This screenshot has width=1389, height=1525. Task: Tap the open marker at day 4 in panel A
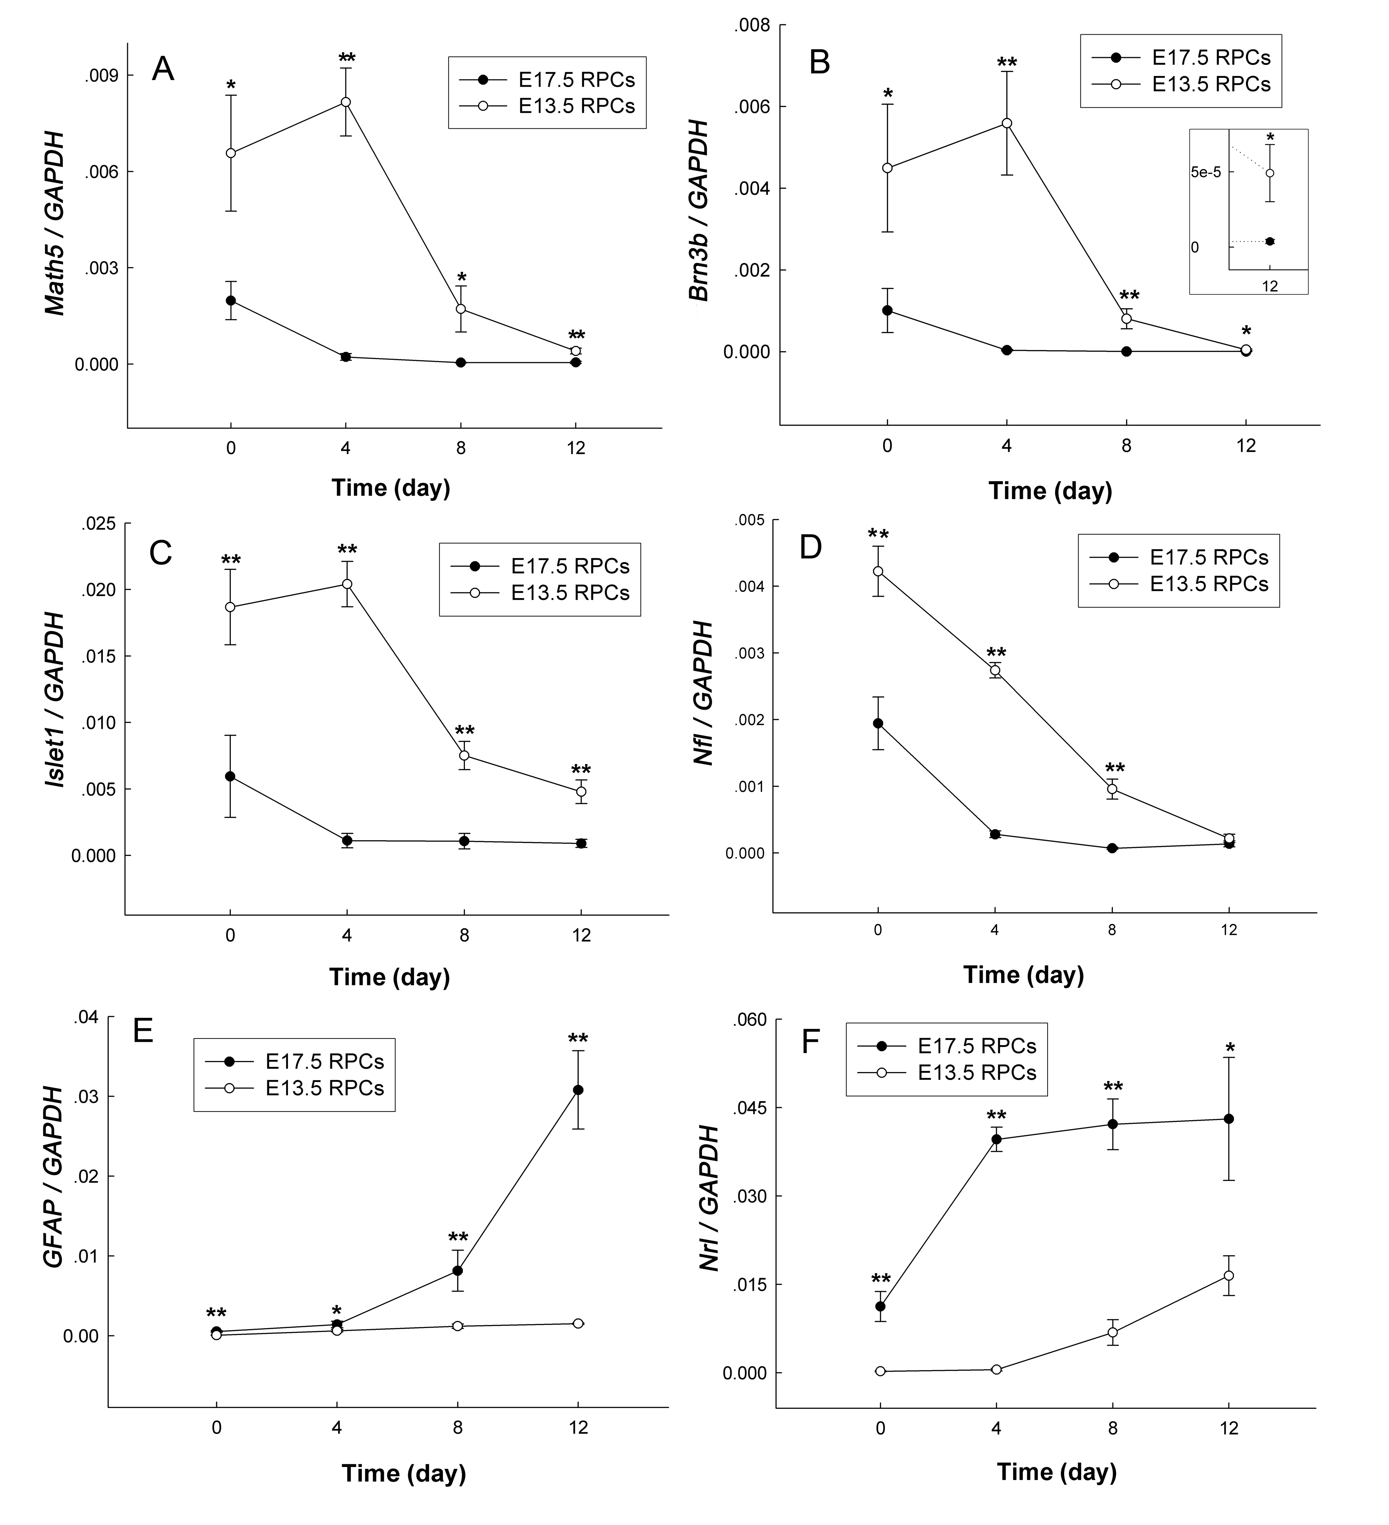point(345,101)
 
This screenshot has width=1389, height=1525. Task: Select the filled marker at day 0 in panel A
point(231,300)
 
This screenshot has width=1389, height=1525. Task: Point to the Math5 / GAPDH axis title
point(55,223)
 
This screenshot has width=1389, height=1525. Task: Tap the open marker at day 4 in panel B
point(1006,122)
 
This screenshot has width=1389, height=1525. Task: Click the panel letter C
point(161,553)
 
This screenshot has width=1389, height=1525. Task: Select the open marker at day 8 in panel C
point(464,755)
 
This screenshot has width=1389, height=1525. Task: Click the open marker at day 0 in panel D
point(878,571)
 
